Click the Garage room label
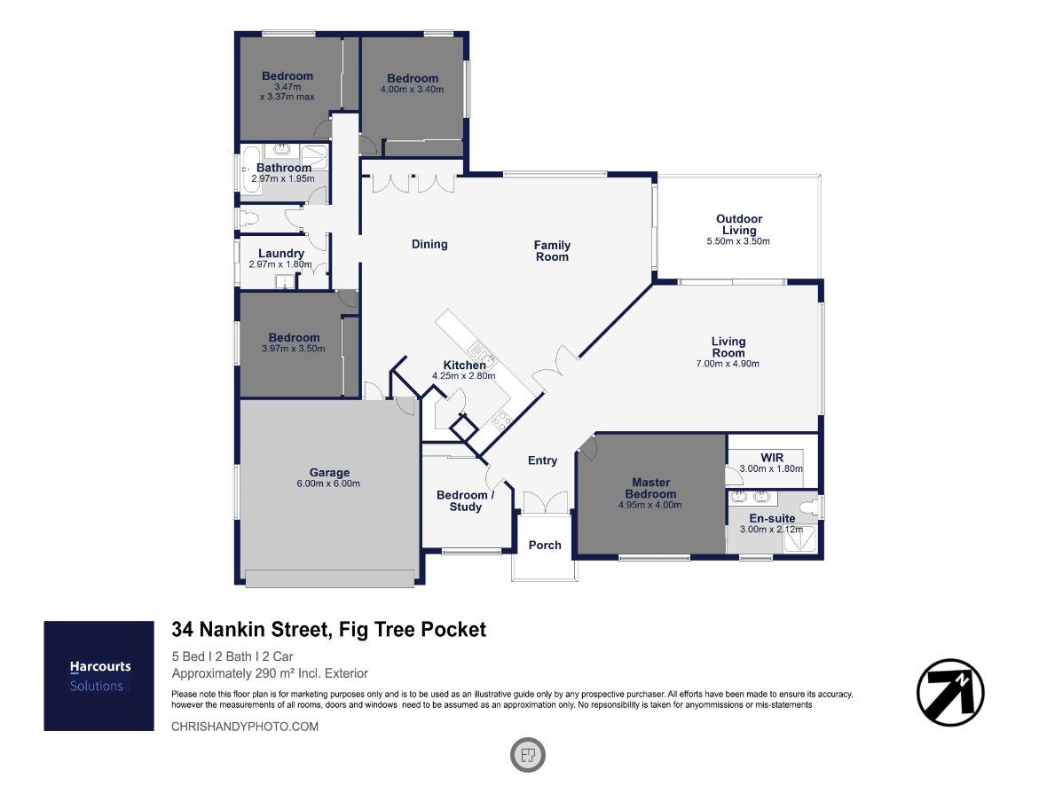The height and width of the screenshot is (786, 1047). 329,472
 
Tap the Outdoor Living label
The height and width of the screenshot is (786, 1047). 738,224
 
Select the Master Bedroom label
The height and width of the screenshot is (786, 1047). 650,488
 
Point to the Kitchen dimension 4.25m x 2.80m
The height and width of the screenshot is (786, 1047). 463,376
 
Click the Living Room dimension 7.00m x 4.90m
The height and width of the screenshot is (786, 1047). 728,364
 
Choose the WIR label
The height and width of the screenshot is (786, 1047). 772,458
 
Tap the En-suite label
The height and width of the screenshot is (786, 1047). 772,518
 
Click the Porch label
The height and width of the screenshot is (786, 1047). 545,545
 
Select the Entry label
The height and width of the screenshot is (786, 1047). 542,460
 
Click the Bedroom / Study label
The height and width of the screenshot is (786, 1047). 466,501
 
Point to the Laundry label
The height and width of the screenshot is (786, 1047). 281,253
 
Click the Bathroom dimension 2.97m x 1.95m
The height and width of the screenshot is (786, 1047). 283,179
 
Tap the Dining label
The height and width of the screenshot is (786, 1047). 429,244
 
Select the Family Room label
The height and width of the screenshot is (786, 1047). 552,251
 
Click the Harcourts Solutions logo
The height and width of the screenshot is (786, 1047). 98,676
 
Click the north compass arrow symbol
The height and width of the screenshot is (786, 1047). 950,693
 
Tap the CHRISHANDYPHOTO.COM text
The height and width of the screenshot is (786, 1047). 245,727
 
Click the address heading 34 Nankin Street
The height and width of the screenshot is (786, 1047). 250,630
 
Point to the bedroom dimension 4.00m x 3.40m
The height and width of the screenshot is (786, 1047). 412,90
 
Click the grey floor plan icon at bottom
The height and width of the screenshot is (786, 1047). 528,755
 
